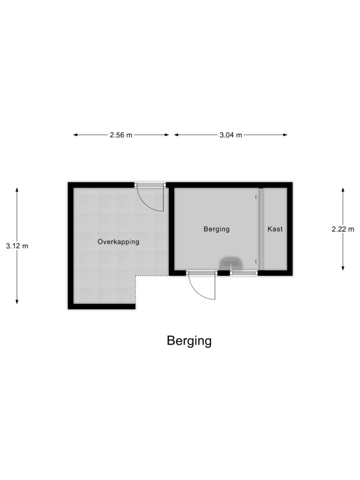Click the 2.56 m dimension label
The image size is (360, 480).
pos(121,135)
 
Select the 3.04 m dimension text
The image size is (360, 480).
pos(231,135)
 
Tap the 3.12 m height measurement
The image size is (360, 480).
pos(17,246)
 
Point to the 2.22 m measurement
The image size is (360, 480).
pos(343,229)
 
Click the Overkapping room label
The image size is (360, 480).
pos(119,242)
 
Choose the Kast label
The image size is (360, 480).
pos(275,229)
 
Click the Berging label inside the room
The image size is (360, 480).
pos(217,229)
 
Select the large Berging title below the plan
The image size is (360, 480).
pos(189,341)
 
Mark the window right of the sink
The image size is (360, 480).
pos(244,273)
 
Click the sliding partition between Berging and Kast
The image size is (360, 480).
pos(262,229)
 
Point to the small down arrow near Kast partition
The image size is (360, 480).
pos(255,196)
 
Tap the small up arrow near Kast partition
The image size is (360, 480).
pos(255,261)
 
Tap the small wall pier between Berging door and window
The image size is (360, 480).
pos(224,273)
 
